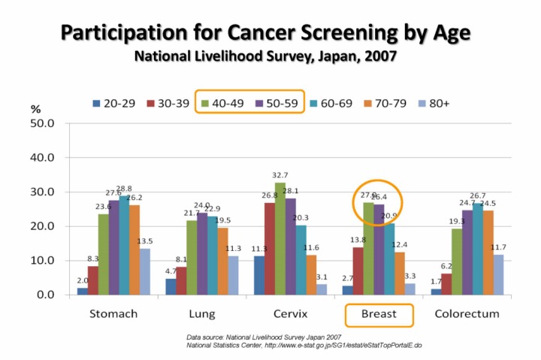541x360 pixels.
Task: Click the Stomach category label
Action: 113,313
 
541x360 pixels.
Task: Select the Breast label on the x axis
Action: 379,313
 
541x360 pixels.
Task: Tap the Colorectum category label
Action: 467,313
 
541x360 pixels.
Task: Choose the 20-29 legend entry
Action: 113,102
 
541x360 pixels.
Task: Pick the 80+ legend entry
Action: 437,102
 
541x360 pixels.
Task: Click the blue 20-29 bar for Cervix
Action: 259,275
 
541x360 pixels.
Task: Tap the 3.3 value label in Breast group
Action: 410,277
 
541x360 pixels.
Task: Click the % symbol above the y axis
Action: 35,110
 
